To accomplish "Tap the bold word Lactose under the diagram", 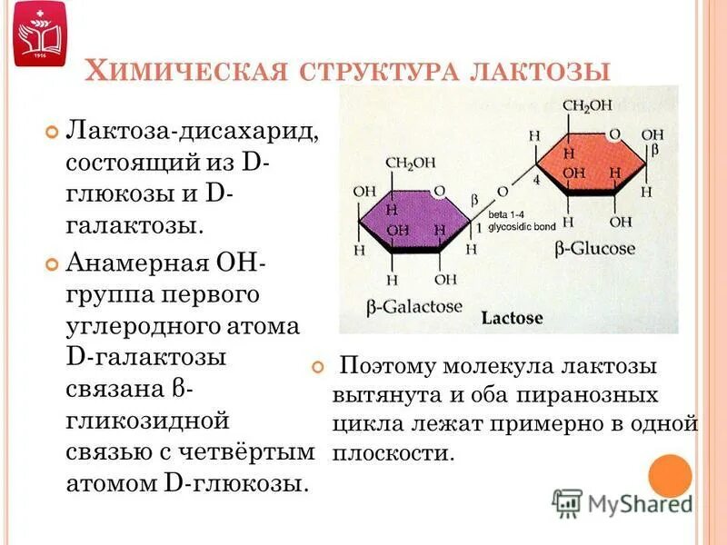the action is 512,318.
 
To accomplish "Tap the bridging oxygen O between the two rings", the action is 502,192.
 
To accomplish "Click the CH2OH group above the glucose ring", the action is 588,105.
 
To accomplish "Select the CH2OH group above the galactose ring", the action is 411,163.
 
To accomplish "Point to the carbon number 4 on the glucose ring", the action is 536,182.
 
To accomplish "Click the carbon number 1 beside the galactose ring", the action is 479,227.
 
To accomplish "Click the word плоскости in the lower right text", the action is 392,452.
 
